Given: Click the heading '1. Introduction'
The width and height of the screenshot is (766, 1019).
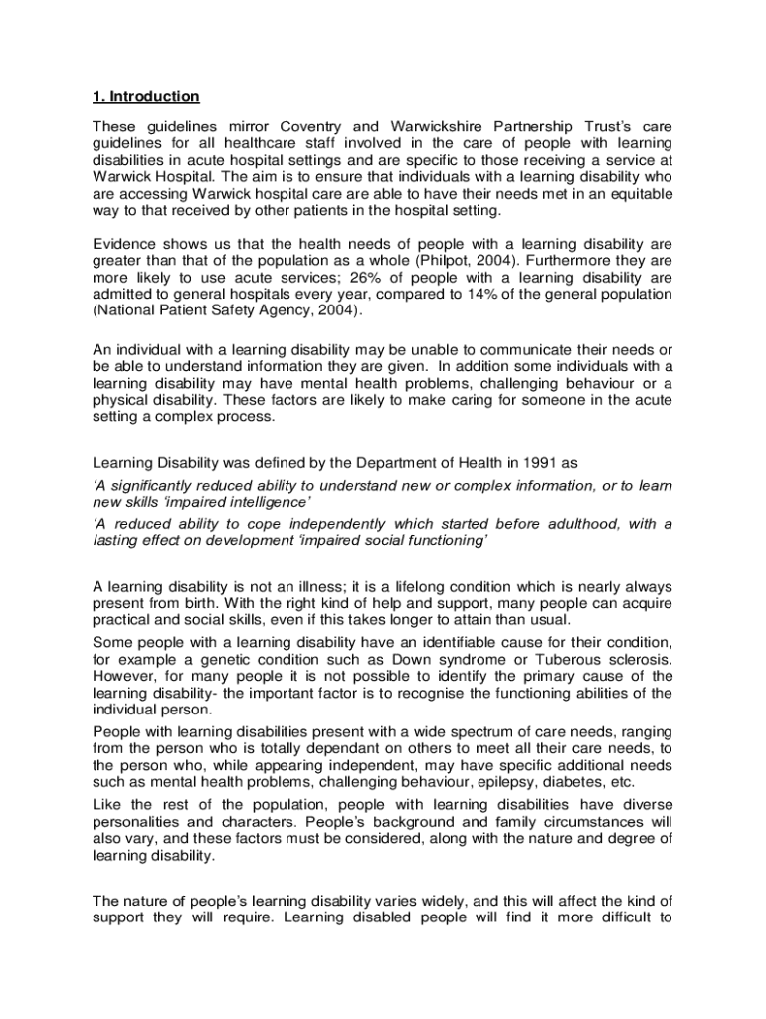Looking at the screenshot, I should tap(146, 97).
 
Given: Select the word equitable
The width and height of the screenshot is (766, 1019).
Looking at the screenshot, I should tap(636, 195).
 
